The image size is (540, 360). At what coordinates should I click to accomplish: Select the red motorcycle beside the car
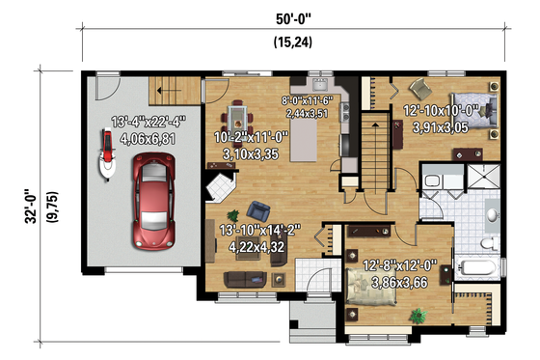pos(102,155)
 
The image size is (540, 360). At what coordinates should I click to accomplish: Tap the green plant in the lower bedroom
pos(418,315)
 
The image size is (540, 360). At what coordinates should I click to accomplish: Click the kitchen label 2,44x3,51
pos(306,112)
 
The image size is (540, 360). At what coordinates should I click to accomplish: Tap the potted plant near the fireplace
pos(230,214)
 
